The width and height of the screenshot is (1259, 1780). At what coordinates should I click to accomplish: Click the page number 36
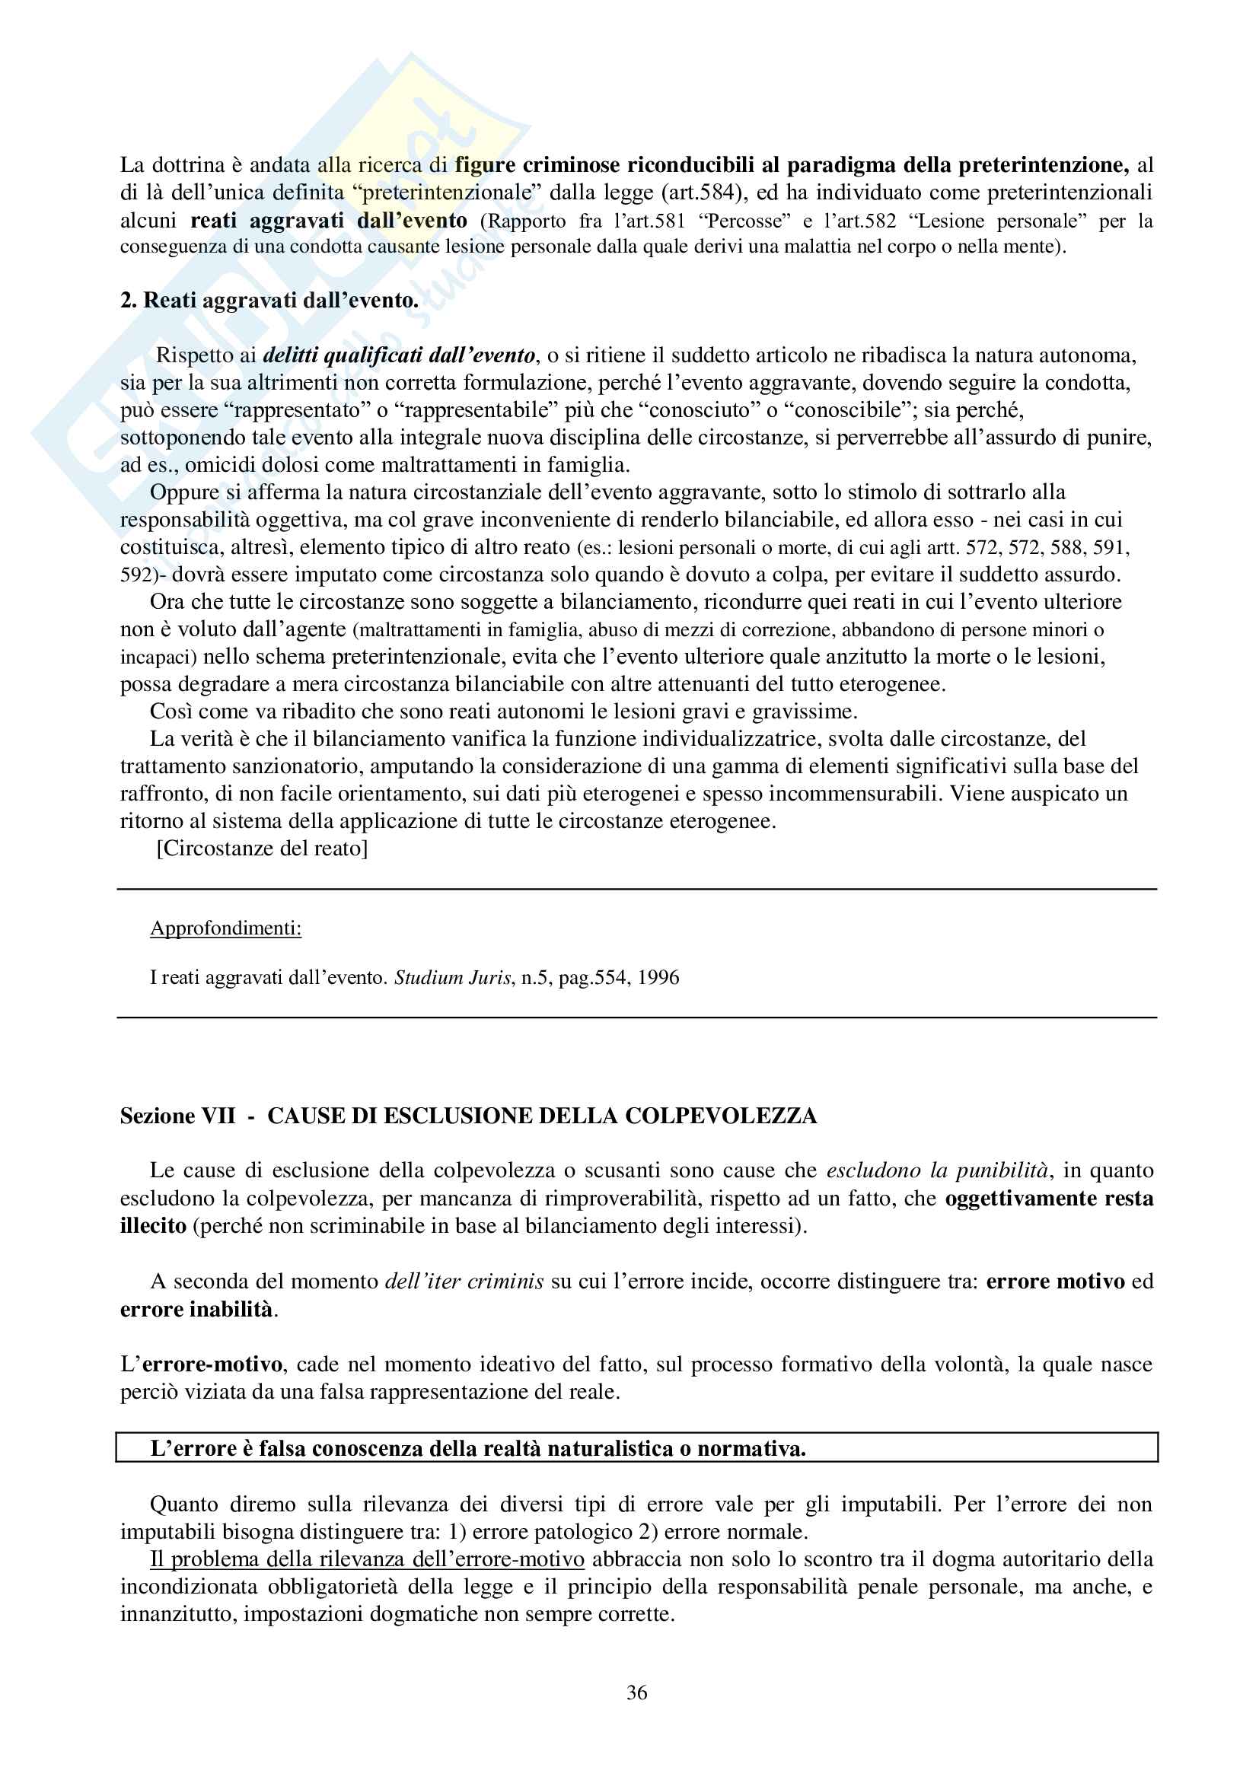tap(636, 1692)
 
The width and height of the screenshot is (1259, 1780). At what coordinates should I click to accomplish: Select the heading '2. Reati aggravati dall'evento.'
tap(269, 300)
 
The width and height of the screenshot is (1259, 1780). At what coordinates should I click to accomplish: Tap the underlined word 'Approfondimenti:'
tap(225, 928)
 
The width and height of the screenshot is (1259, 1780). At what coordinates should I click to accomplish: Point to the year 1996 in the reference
tap(658, 978)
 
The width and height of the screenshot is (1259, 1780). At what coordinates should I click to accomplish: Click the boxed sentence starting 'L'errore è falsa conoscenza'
tap(477, 1448)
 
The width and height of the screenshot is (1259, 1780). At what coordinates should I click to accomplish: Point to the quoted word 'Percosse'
tap(744, 221)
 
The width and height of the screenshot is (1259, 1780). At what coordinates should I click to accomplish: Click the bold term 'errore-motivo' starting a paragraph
tap(213, 1364)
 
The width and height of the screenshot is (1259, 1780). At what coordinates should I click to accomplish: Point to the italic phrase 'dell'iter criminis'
tap(464, 1282)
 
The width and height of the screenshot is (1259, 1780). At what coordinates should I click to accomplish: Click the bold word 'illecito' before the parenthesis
tap(154, 1226)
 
